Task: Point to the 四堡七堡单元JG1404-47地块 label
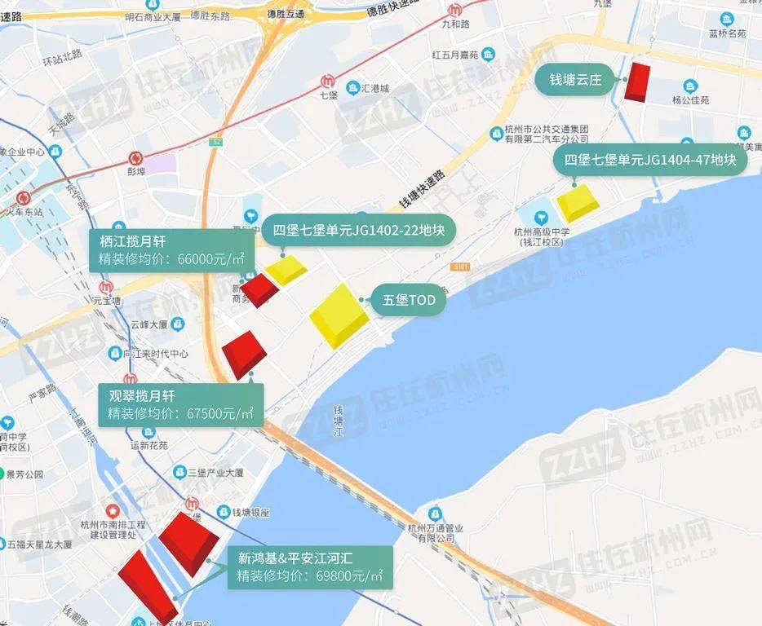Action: coord(650,160)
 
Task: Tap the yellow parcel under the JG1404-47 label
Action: coord(578,203)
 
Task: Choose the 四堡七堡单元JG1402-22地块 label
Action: coord(358,231)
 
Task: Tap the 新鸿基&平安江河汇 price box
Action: coord(309,567)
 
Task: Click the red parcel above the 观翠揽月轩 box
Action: coord(244,354)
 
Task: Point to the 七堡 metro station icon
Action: coord(328,82)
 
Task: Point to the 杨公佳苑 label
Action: coord(690,100)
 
